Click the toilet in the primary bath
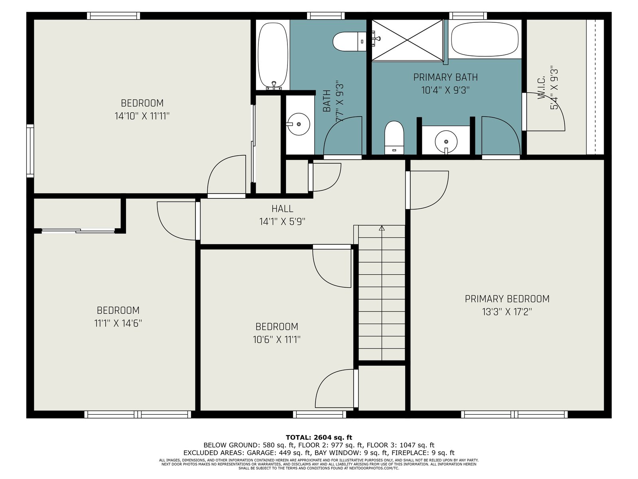394,138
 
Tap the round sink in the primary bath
446,142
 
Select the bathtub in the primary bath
485,39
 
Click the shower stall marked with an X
407,40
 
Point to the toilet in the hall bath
349,42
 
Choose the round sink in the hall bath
299,124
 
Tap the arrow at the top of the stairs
382,228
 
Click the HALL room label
282,208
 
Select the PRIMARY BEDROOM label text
507,299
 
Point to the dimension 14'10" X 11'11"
142,116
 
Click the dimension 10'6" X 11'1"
276,339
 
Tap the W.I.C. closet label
541,88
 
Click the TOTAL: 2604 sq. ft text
319,437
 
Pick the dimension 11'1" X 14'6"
118,323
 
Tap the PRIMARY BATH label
445,77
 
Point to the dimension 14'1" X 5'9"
282,222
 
